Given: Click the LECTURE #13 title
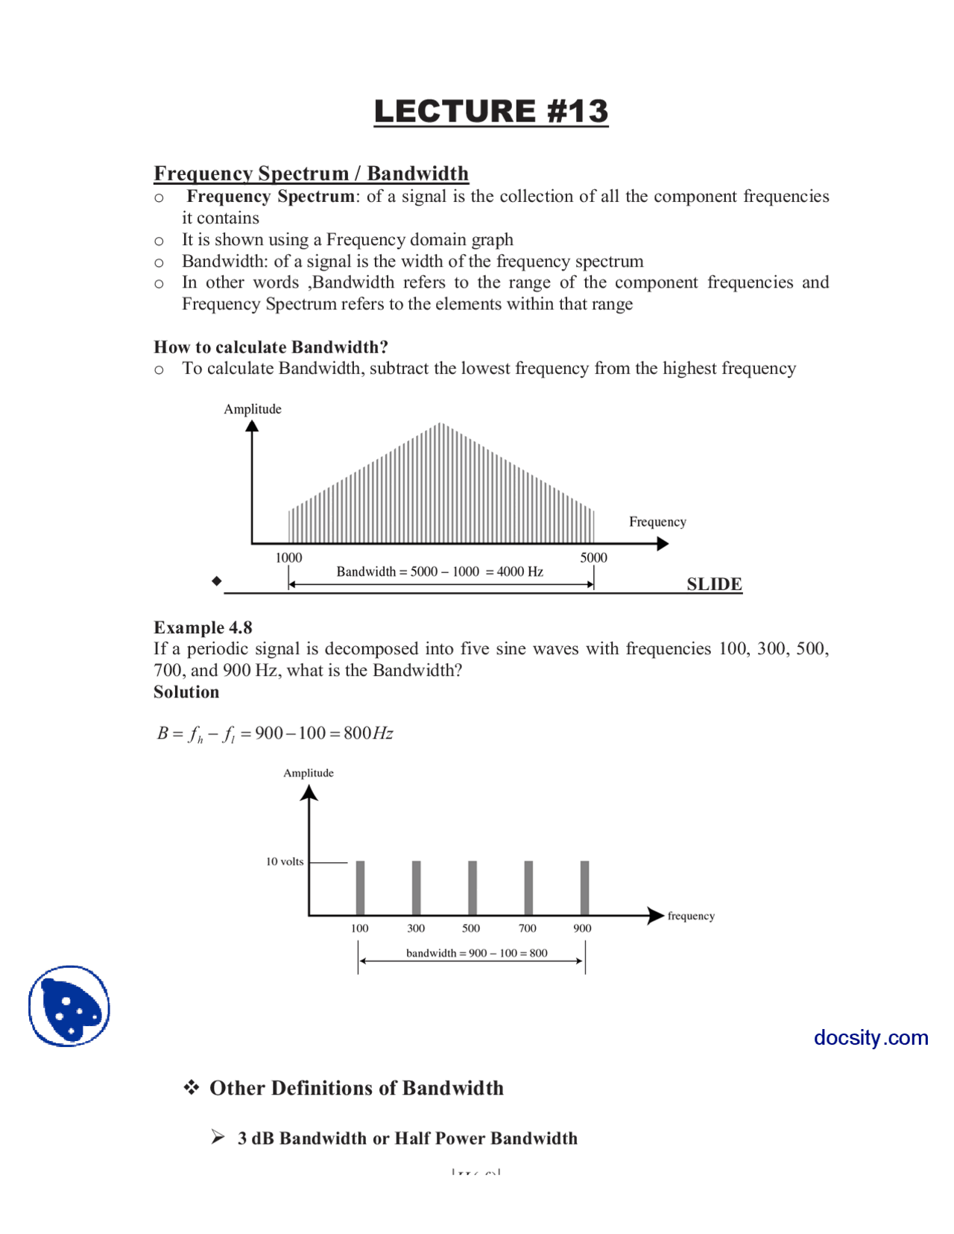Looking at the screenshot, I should point(490,111).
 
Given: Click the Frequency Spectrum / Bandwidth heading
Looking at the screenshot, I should point(311,173).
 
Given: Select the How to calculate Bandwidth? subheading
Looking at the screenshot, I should point(271,347).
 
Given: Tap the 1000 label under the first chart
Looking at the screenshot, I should point(288,557).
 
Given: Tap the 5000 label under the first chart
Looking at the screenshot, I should point(593,557).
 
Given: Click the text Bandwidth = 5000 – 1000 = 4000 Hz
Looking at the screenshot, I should point(440,572).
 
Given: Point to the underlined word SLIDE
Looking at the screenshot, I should point(713,583).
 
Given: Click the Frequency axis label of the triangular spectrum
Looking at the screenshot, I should point(657,522).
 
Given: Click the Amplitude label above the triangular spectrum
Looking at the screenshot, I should point(253,409).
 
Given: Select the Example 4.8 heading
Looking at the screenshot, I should point(203,627).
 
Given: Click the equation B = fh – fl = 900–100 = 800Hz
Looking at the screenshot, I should point(274,733).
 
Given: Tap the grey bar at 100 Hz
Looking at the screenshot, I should point(360,887).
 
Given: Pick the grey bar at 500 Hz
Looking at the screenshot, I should point(472,887).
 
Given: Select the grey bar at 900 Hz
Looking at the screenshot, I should point(584,887).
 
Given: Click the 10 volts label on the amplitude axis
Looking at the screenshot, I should point(285,861).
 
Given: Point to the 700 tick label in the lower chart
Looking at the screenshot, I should point(527,928).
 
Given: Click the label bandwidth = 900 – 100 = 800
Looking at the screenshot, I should point(476,952).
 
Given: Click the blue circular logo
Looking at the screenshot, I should point(69,1006).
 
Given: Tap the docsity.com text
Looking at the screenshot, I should point(871,1037).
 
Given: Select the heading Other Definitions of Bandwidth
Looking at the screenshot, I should point(356,1088).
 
